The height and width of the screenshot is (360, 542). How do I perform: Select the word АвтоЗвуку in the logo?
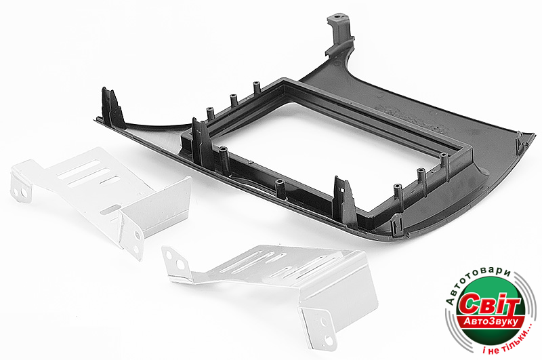[491, 321]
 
